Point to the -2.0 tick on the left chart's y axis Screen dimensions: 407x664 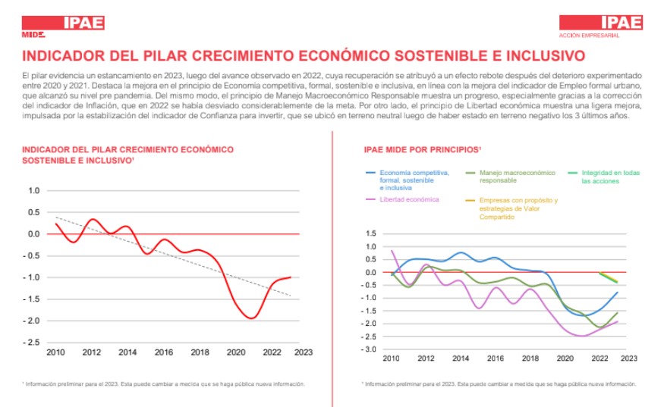point(33,321)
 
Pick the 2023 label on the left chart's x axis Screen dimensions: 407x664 point(302,352)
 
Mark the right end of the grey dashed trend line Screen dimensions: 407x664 point(290,296)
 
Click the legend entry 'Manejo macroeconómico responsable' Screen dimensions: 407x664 point(517,177)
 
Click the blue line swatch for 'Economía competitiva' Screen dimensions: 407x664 point(371,173)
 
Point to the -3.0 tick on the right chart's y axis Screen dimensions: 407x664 point(371,349)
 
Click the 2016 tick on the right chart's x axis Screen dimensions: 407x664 point(494,358)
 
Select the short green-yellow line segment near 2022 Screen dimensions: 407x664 point(608,277)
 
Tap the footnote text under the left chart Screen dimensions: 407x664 point(164,384)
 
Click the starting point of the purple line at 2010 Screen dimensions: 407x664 point(392,251)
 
